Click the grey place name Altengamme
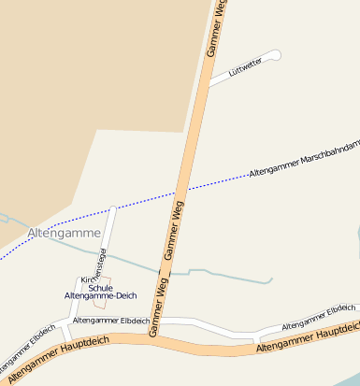pos(64,232)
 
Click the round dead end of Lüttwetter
pos(275,55)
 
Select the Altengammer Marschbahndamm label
pos(303,160)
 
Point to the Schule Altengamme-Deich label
pos(100,292)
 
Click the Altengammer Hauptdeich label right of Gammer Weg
pos(307,338)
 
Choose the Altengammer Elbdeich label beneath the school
pos(110,321)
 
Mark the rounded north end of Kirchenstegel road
pos(113,209)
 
